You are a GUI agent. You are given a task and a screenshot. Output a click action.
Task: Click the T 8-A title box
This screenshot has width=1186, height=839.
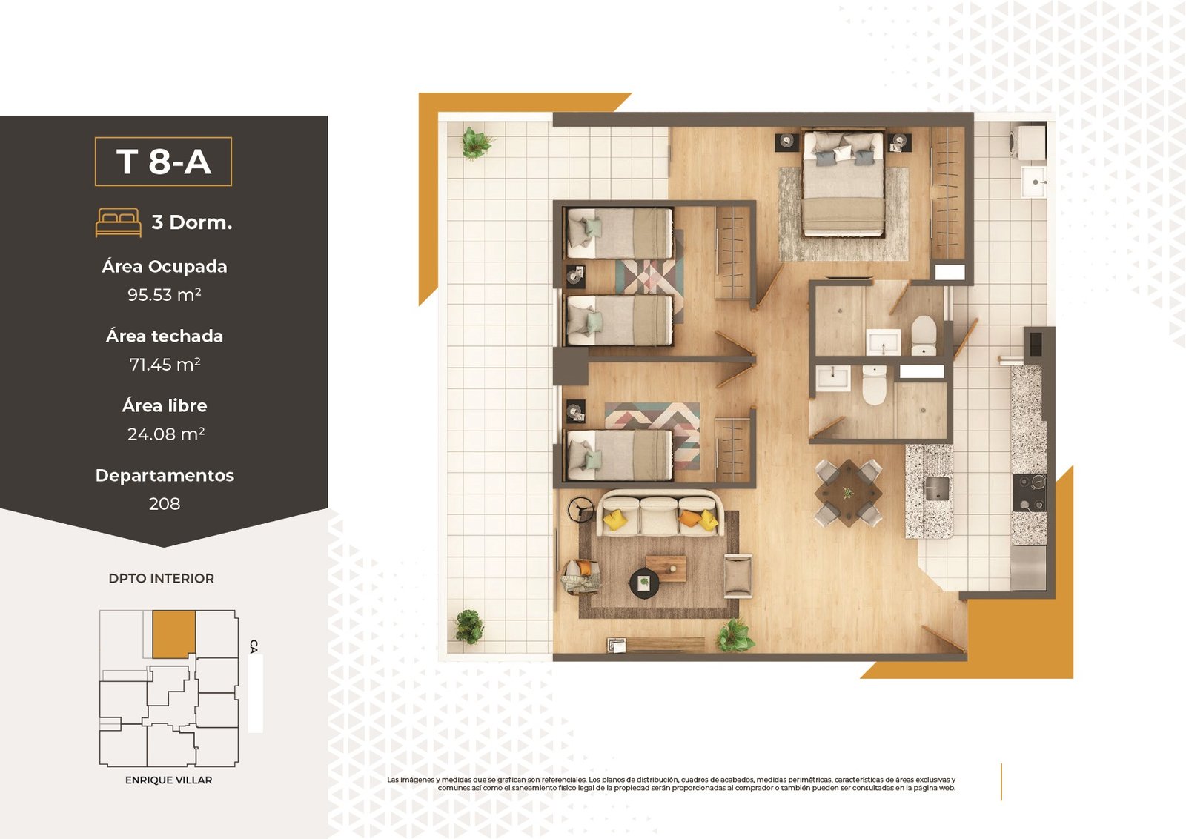coord(163,162)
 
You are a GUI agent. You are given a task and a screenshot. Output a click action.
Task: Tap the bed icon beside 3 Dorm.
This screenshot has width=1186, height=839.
coord(118,222)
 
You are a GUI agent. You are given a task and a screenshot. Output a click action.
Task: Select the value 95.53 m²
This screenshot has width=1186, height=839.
coord(164,294)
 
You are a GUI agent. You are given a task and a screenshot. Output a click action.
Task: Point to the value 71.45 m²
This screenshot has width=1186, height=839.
coord(165,364)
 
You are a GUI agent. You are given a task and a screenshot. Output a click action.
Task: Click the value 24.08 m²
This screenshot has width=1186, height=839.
coord(166,434)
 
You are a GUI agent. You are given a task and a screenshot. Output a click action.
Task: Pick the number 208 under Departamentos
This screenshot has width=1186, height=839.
coord(164,503)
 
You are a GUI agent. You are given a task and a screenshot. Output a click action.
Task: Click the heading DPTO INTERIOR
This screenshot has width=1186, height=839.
coord(162,578)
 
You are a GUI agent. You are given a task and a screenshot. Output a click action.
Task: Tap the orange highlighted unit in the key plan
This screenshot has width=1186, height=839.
coord(173,634)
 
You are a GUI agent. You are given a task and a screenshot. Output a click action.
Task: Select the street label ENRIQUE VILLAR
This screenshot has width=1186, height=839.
coord(168,780)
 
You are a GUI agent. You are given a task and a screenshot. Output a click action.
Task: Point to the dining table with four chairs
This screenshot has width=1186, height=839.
coord(848,493)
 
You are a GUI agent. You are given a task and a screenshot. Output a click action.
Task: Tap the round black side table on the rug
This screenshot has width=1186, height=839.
coord(644,583)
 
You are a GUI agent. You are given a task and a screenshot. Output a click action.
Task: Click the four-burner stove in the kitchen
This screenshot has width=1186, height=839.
coord(1030,492)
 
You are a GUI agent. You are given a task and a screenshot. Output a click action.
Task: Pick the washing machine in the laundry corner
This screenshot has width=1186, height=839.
coord(1028,142)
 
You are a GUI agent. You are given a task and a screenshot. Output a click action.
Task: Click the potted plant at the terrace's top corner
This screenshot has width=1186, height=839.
coord(477,143)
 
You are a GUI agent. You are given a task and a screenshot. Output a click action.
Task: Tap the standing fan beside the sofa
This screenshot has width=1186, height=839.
coord(580,510)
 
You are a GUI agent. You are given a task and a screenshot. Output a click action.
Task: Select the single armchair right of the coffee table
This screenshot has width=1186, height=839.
coord(738,576)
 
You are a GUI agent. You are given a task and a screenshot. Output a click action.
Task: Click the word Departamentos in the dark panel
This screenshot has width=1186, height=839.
coord(165,475)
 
